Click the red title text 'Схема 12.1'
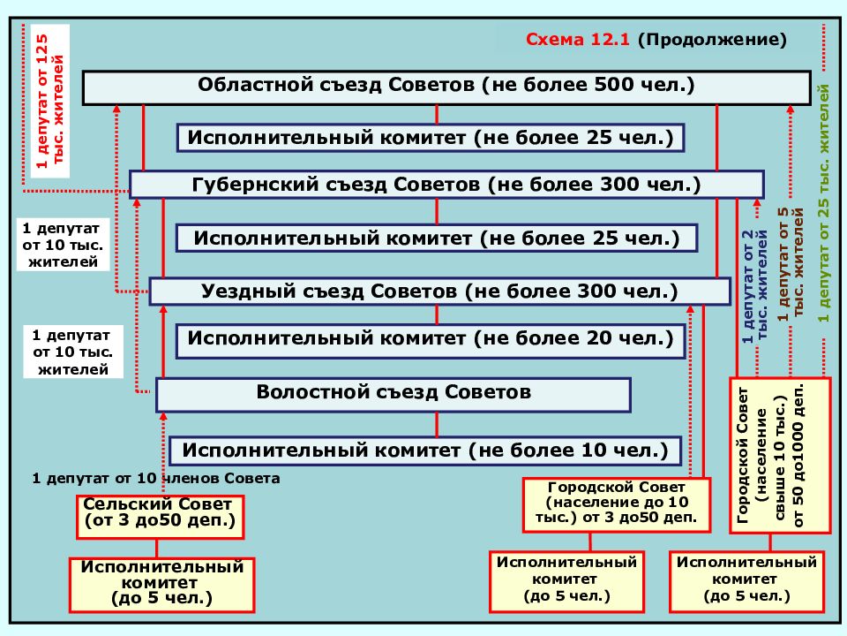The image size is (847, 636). tap(577, 40)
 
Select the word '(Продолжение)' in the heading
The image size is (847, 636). tap(712, 40)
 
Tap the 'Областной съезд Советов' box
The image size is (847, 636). tap(446, 87)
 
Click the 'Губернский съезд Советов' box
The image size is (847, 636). tap(446, 185)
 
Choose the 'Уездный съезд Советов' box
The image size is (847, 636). tap(439, 291)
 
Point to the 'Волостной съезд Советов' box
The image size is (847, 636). tap(394, 394)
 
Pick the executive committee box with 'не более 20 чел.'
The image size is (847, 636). tap(431, 341)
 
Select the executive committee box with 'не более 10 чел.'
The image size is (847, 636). tap(425, 451)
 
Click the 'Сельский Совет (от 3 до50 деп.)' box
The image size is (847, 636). tap(160, 517)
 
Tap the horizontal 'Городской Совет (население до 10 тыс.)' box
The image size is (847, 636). tap(617, 505)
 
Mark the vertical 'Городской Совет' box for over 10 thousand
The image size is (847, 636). tap(779, 456)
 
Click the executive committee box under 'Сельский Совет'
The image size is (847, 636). tap(161, 585)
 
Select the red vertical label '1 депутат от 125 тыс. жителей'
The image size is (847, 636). tap(49, 101)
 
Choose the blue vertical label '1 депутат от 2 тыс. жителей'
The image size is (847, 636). tap(754, 286)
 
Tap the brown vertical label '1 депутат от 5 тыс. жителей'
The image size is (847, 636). tap(791, 264)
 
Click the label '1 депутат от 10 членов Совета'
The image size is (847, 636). tap(155, 479)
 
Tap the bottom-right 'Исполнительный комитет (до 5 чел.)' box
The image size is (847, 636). tap(746, 581)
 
